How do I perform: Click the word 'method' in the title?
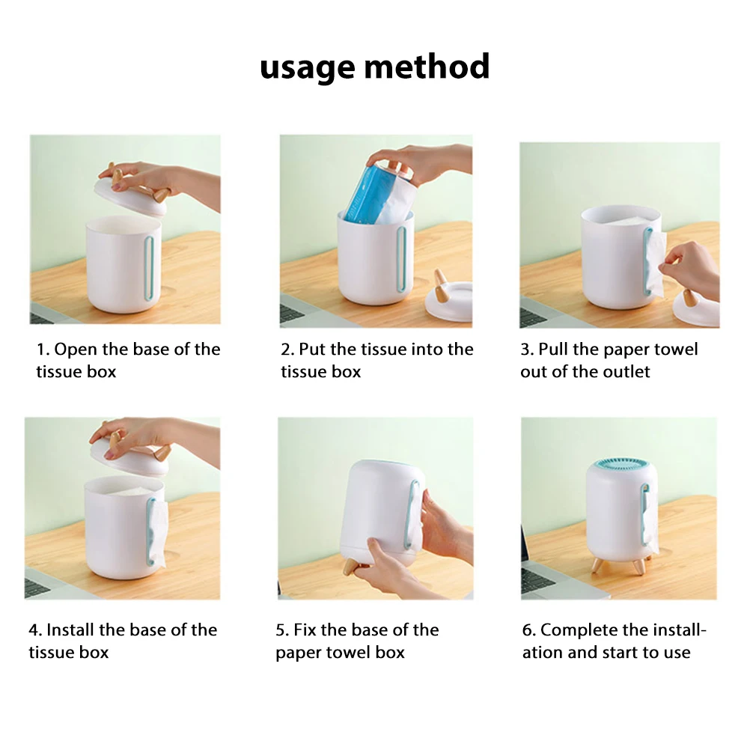coord(427,66)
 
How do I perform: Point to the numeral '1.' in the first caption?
coord(43,350)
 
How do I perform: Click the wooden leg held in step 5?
coord(350,567)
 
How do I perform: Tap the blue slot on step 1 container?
coord(149,268)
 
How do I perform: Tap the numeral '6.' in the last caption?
coord(529,630)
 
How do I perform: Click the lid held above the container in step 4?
coord(130,451)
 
